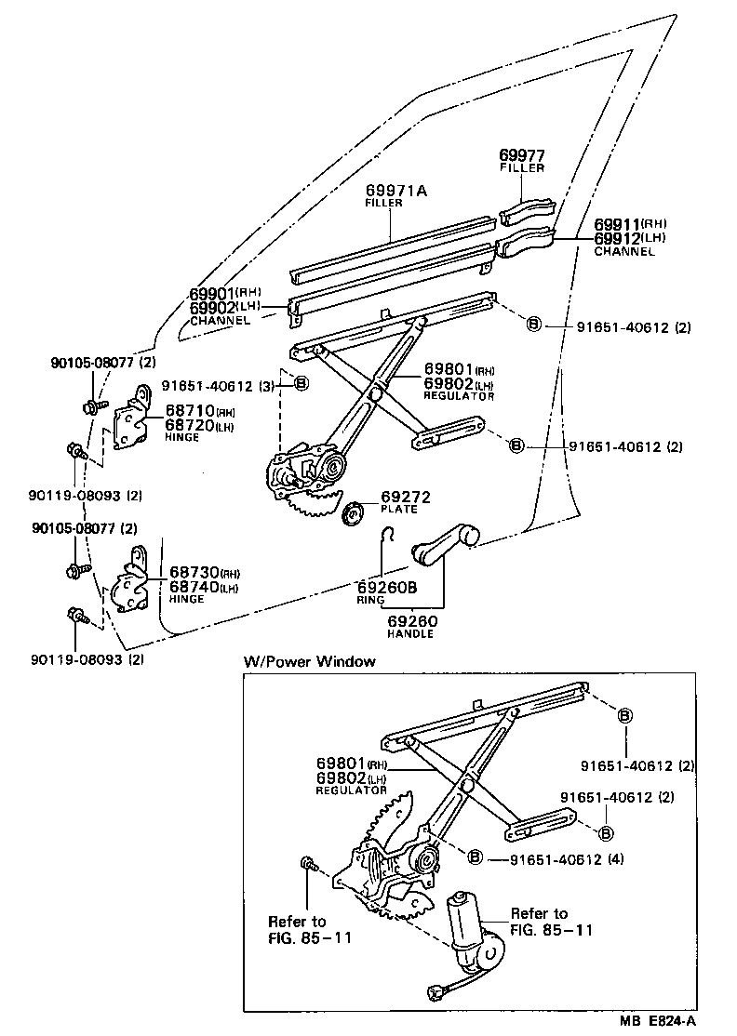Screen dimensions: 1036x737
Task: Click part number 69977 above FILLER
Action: coord(521,156)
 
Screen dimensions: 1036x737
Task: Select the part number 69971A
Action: coord(395,191)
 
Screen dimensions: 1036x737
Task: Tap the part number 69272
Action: coord(406,498)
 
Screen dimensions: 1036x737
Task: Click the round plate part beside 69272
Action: coord(355,511)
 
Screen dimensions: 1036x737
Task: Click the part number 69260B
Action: coord(390,587)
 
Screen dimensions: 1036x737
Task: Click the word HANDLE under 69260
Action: coord(410,633)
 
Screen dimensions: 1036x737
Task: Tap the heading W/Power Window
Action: coord(310,661)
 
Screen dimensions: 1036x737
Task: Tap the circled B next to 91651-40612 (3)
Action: coord(301,384)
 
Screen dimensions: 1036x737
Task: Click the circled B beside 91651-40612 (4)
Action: coord(475,857)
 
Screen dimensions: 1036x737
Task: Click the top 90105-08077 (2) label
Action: coord(94,363)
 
